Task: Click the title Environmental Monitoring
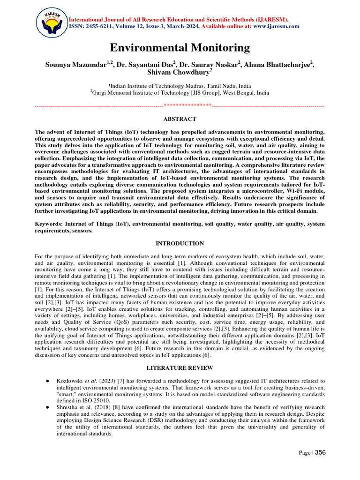coord(180,48)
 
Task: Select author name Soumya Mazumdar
coord(76,65)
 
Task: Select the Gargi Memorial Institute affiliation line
coord(180,93)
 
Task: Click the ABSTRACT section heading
coord(180,119)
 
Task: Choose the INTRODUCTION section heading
coord(180,243)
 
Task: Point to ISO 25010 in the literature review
coord(98,401)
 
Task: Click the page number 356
coord(320,452)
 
